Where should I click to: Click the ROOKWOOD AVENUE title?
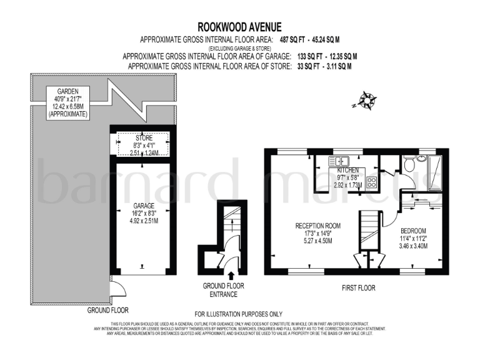coord(240,26)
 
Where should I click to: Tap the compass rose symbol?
coord(366,99)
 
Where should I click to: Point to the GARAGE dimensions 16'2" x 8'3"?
coord(144,213)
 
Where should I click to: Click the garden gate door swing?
coord(117,288)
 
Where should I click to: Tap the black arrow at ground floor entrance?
coord(231,274)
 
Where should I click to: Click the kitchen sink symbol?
coord(342,161)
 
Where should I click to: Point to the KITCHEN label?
coord(348,171)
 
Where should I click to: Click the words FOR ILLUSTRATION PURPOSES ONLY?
coord(239,314)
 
